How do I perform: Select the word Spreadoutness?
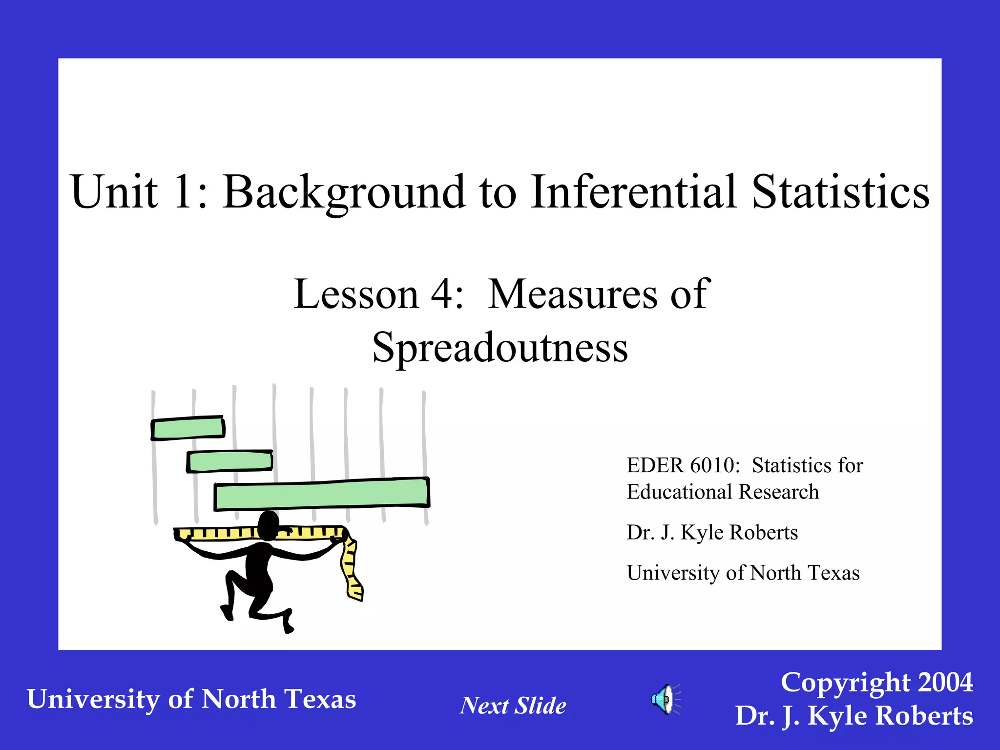click(500, 348)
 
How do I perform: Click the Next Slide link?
click(513, 706)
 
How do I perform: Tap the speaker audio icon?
click(665, 699)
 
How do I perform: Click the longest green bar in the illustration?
click(322, 494)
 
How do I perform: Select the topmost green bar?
click(188, 428)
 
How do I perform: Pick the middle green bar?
click(229, 461)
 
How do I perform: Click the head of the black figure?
click(268, 525)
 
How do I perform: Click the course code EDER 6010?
click(683, 465)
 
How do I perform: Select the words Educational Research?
click(723, 492)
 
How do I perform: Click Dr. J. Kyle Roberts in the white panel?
click(712, 532)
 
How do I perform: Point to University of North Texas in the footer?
click(191, 699)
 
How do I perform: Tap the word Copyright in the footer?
click(844, 682)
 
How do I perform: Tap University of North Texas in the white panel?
click(743, 573)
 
